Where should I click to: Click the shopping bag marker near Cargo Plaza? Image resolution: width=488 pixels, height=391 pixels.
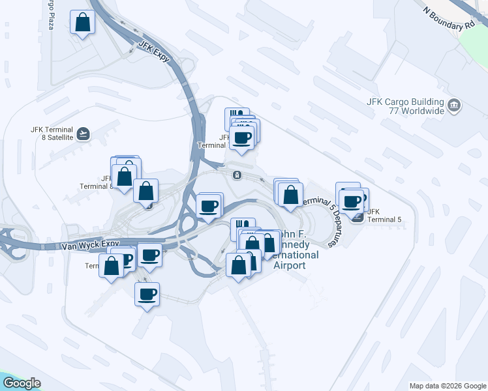click(x=83, y=23)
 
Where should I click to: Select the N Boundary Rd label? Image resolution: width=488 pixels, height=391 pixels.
click(x=449, y=18)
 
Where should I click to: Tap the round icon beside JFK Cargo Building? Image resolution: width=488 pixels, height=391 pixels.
click(x=455, y=104)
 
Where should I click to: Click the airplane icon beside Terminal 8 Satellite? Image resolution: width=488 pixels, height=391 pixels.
click(x=83, y=134)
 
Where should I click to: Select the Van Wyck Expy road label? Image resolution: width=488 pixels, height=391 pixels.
click(x=88, y=246)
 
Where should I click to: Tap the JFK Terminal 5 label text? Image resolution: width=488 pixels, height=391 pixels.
click(x=384, y=216)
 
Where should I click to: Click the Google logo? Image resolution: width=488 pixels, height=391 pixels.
click(x=21, y=383)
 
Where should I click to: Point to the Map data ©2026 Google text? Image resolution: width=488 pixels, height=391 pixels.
click(x=447, y=386)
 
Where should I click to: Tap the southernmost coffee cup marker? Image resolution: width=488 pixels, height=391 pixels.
click(x=147, y=294)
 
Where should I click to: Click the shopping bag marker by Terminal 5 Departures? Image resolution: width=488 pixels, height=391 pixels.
click(x=290, y=194)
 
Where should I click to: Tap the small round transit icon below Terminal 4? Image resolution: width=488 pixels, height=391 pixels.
click(x=236, y=175)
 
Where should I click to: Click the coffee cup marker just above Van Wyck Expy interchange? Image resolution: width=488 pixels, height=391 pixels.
click(x=209, y=207)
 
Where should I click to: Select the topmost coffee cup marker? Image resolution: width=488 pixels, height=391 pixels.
click(x=242, y=138)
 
